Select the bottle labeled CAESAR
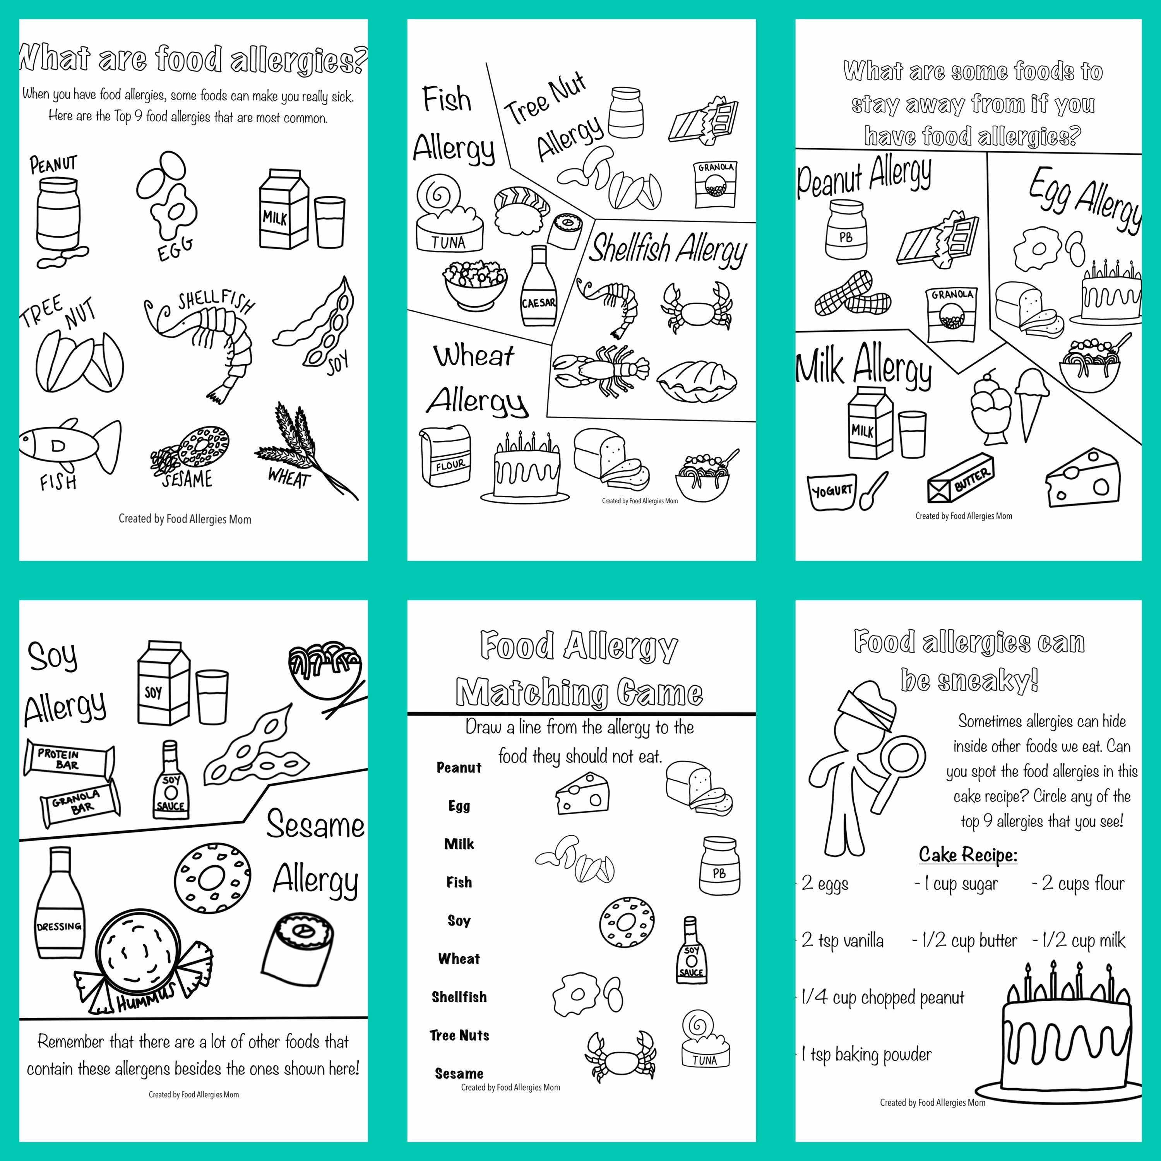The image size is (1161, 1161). click(538, 287)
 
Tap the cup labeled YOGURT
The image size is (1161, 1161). click(832, 491)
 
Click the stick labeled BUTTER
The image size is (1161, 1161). click(960, 479)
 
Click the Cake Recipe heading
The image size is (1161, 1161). click(967, 854)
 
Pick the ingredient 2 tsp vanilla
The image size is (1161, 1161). click(842, 940)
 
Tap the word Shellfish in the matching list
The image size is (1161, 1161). click(459, 997)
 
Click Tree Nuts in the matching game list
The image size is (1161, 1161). click(459, 1035)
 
